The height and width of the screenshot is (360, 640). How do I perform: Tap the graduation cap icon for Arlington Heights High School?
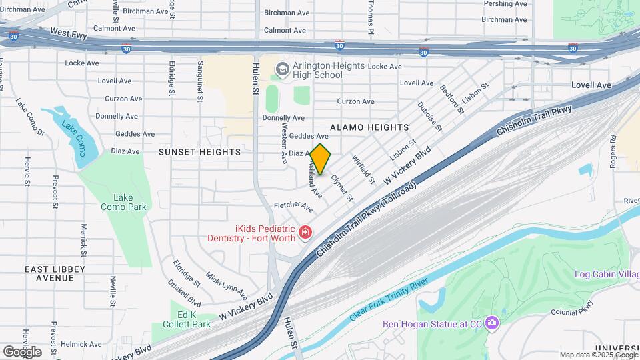(x=283, y=69)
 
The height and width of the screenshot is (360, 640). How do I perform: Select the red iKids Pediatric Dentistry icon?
(x=305, y=232)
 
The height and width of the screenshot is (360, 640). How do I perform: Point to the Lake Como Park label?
(x=123, y=202)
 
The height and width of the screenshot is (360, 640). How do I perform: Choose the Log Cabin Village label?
(x=607, y=274)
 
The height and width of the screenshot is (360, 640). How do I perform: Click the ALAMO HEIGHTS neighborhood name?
(x=369, y=127)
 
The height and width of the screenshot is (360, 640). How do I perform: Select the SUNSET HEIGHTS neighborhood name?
(x=199, y=152)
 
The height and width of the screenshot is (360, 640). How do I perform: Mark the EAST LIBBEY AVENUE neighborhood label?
(x=58, y=273)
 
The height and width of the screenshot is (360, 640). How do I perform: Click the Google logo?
(x=22, y=351)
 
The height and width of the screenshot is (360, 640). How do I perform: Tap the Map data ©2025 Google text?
(x=598, y=355)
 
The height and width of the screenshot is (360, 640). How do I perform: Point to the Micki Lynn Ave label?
(x=227, y=286)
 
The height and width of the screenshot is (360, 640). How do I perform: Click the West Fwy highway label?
(x=69, y=32)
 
